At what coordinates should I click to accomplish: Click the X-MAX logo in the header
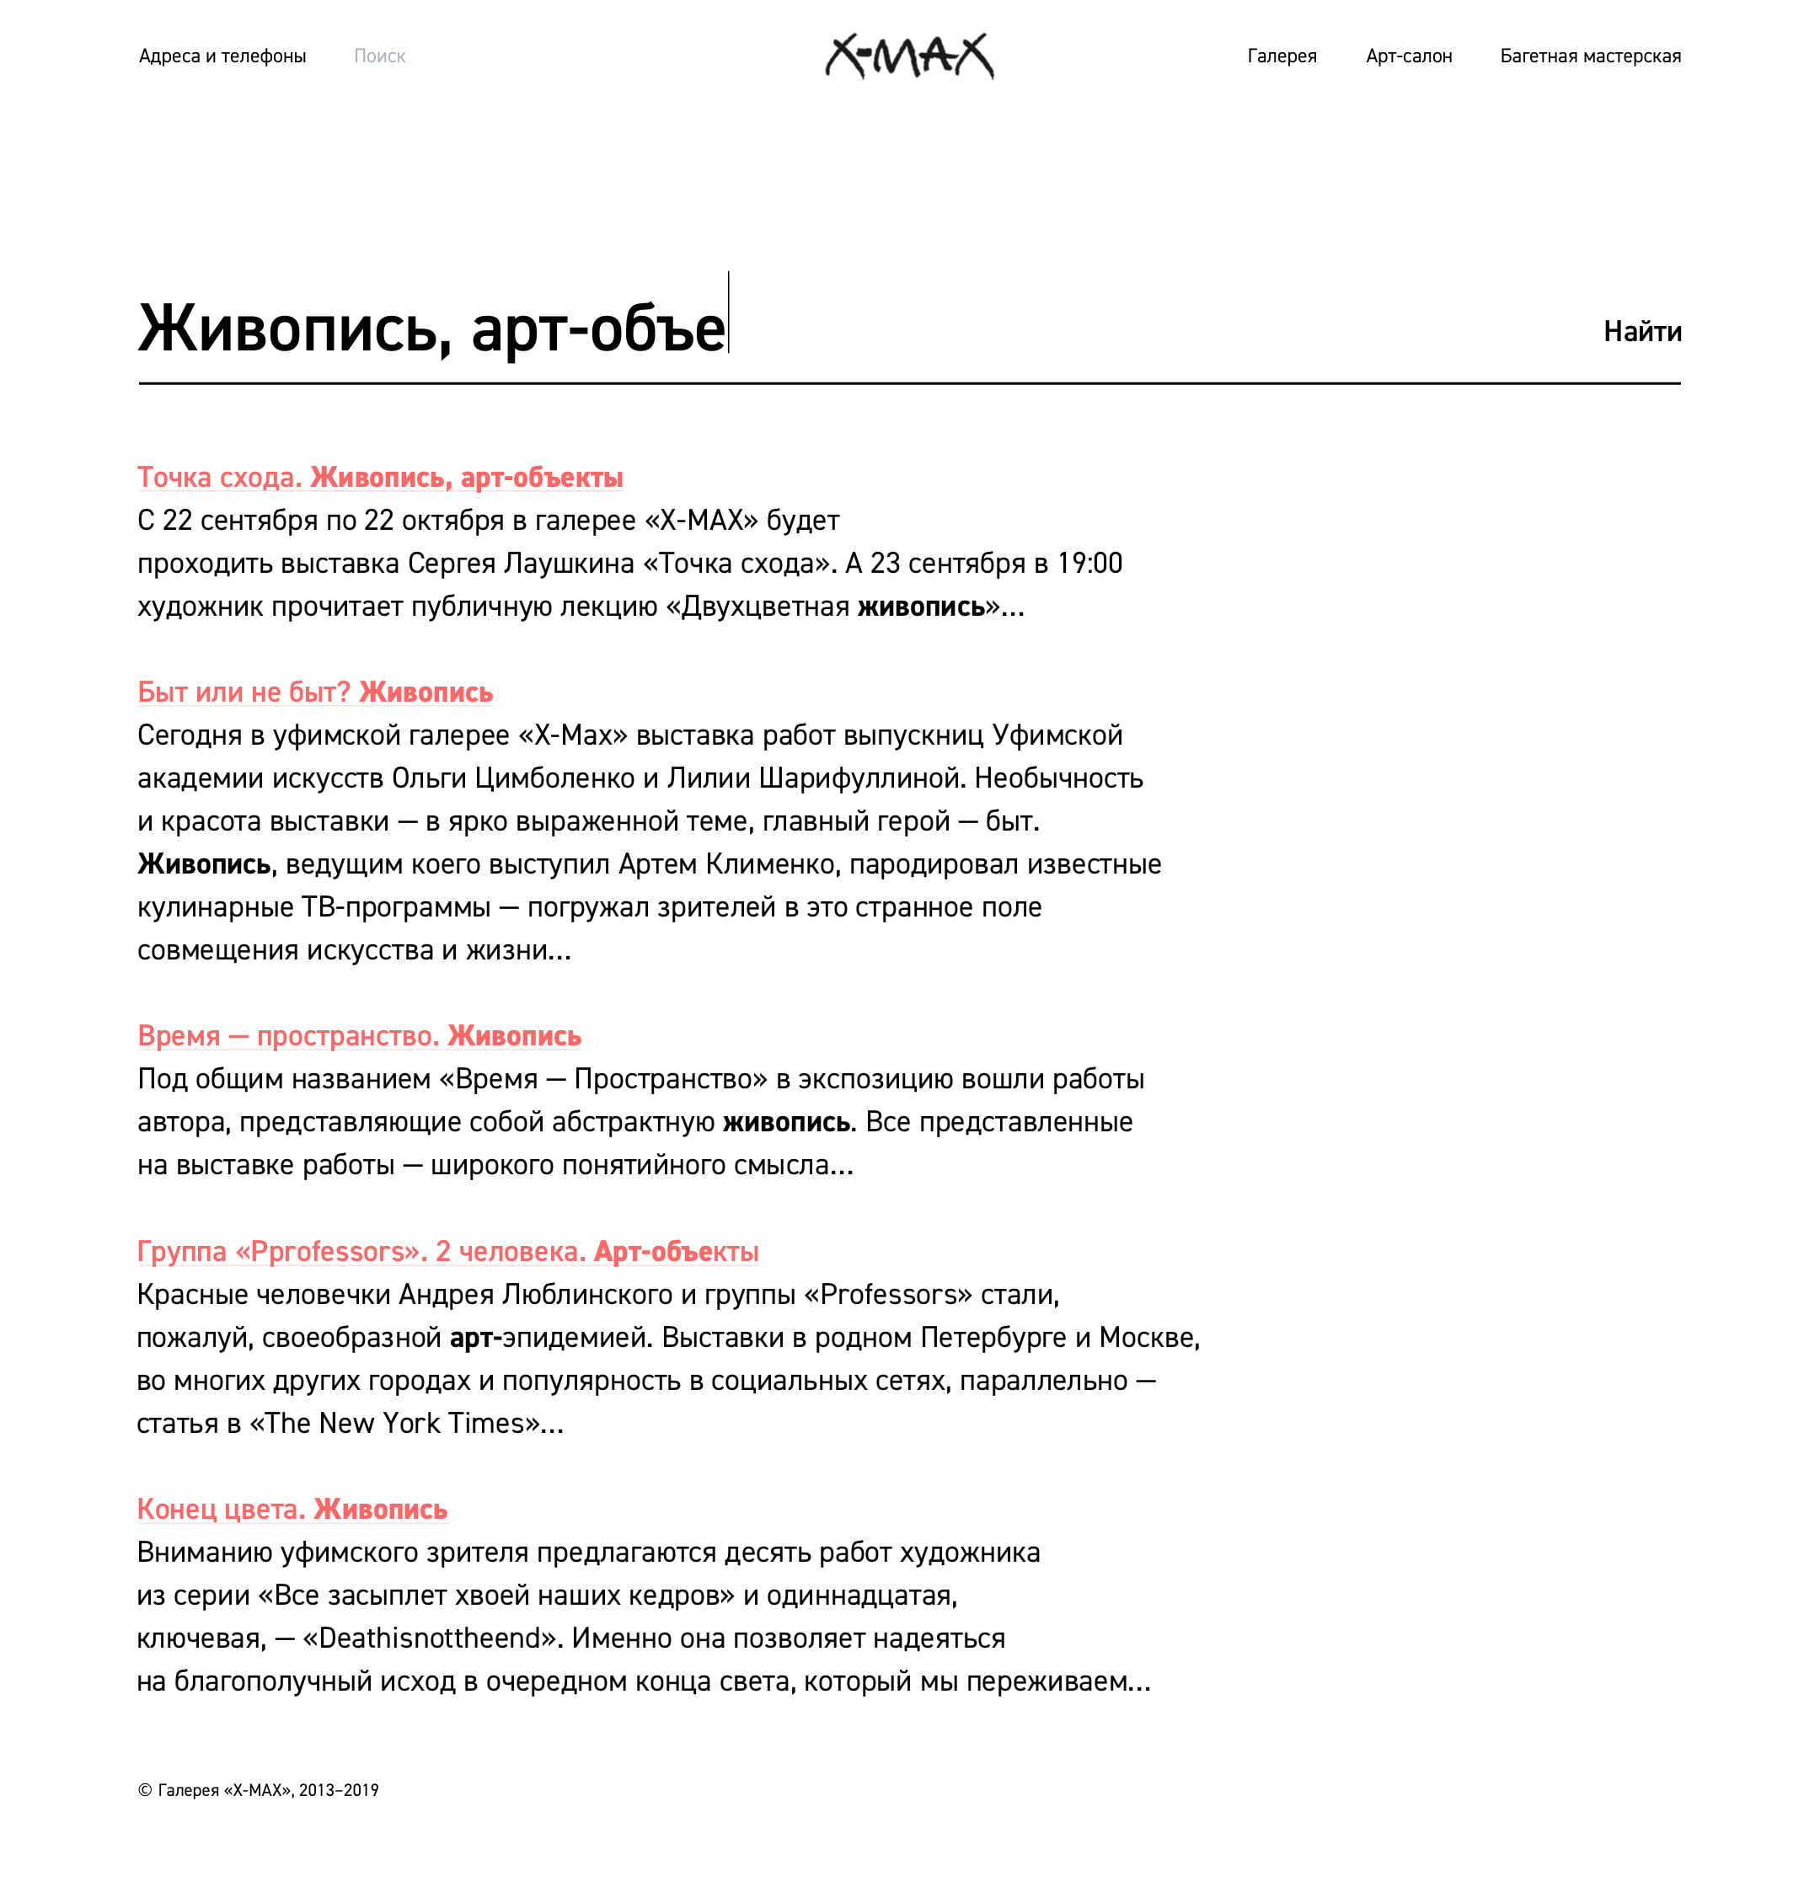coord(908,56)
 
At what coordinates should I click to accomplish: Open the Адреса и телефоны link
coord(222,56)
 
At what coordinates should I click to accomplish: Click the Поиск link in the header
coord(379,56)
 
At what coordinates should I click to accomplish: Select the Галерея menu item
coord(1282,56)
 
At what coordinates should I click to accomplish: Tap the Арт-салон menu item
coord(1408,56)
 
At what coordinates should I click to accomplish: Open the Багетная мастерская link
coord(1589,56)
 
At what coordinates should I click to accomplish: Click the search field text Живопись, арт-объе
coord(431,329)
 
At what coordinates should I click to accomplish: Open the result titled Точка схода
coord(379,478)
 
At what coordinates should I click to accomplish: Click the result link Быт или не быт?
coord(315,692)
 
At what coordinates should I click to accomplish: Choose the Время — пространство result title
coord(359,1036)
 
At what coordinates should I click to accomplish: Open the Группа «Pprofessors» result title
coord(447,1251)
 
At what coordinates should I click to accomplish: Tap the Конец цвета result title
coord(292,1509)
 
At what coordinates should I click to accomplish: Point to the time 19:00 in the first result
coord(1089,564)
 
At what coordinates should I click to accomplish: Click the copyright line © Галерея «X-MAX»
coord(258,1791)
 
